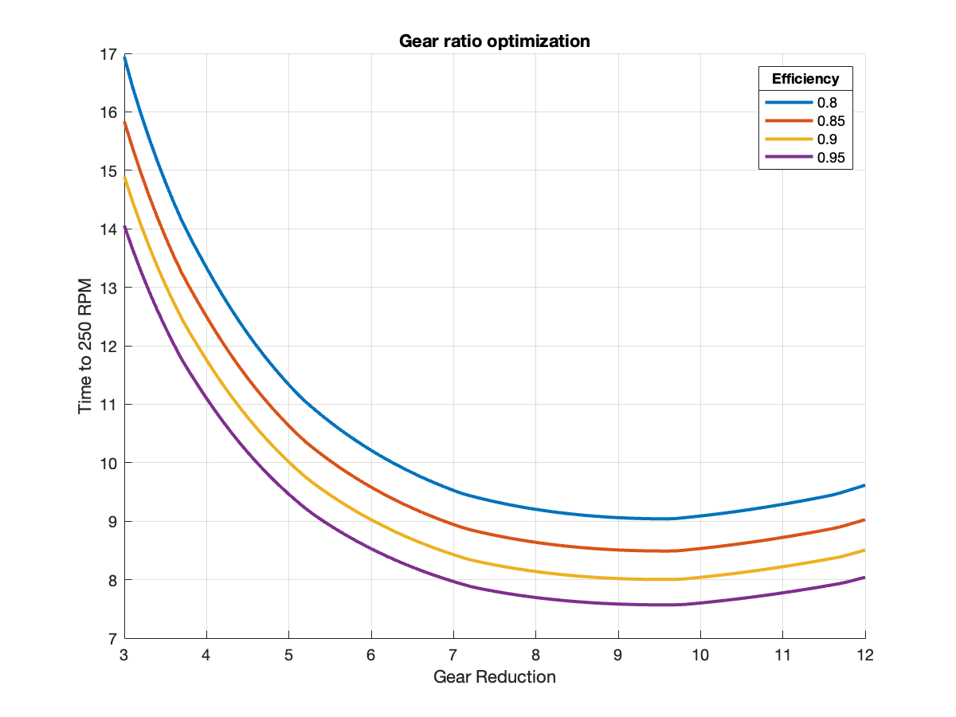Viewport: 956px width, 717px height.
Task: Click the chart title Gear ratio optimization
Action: pos(495,41)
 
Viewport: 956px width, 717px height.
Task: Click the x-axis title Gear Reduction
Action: pos(495,677)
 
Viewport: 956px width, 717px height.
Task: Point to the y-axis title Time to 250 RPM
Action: pos(85,347)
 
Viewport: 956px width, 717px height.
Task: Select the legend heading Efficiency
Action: pos(805,79)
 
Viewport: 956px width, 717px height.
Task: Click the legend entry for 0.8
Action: pos(826,103)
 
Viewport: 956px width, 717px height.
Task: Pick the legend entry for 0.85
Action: pos(829,121)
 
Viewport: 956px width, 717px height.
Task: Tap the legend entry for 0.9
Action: pos(826,139)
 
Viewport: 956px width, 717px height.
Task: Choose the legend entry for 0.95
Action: pos(829,158)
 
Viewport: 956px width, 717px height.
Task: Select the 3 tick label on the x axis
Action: pos(124,655)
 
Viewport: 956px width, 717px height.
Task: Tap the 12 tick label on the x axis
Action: pos(865,655)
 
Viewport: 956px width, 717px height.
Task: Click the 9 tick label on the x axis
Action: pos(618,655)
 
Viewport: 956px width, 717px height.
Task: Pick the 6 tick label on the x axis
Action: pos(371,655)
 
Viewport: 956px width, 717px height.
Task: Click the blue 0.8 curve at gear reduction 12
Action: pos(864,485)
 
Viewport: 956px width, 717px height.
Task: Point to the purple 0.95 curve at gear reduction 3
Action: pos(125,227)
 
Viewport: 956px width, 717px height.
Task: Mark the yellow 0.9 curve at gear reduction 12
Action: pos(864,550)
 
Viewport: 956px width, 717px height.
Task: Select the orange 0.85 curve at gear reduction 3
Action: pos(125,123)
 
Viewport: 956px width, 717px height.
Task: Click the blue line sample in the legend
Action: pos(789,103)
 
